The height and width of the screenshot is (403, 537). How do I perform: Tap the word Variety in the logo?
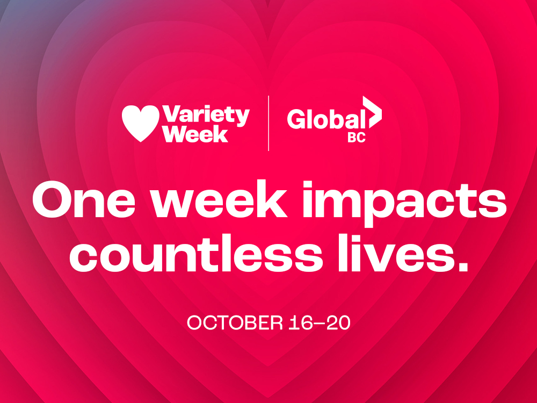[x=206, y=116]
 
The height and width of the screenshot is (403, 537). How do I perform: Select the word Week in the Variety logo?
[x=195, y=134]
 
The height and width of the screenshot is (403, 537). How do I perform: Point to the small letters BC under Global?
[x=357, y=138]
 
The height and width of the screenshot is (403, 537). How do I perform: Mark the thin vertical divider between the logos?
[x=268, y=124]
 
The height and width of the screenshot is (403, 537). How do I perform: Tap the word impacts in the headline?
[x=404, y=203]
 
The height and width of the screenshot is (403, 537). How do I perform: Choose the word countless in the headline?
[x=197, y=253]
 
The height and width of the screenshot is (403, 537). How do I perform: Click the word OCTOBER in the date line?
[x=235, y=323]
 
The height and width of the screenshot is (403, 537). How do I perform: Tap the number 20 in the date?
[x=338, y=323]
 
